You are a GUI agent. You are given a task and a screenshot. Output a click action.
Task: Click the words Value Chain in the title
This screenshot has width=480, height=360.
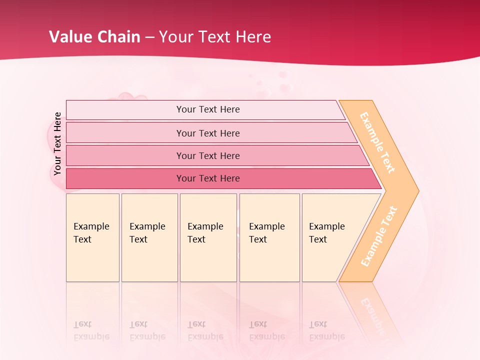coord(94,37)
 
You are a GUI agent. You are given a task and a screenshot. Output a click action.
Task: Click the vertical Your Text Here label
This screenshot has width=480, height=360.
coord(57,144)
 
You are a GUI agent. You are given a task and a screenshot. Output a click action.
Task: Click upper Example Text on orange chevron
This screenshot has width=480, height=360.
coord(377,142)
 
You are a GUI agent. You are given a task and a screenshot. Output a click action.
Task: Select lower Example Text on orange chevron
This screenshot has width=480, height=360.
coord(379,236)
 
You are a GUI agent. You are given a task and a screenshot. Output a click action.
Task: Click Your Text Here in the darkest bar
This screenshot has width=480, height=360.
coord(208,178)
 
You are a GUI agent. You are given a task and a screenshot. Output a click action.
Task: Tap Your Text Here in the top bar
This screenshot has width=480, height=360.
coord(208,109)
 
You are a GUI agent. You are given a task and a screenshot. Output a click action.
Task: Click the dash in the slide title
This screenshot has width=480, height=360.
coord(149,37)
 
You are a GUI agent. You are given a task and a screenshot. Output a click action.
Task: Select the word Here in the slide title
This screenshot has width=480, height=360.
coord(253,37)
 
